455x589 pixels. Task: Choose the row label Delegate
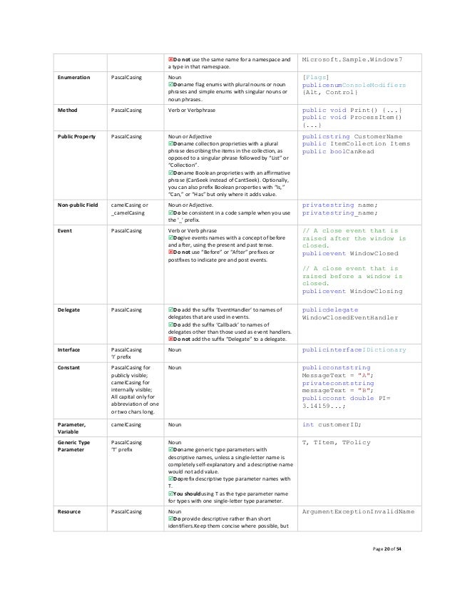[71, 310]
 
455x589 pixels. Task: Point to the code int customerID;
[332, 424]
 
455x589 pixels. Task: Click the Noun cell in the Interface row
[174, 350]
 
